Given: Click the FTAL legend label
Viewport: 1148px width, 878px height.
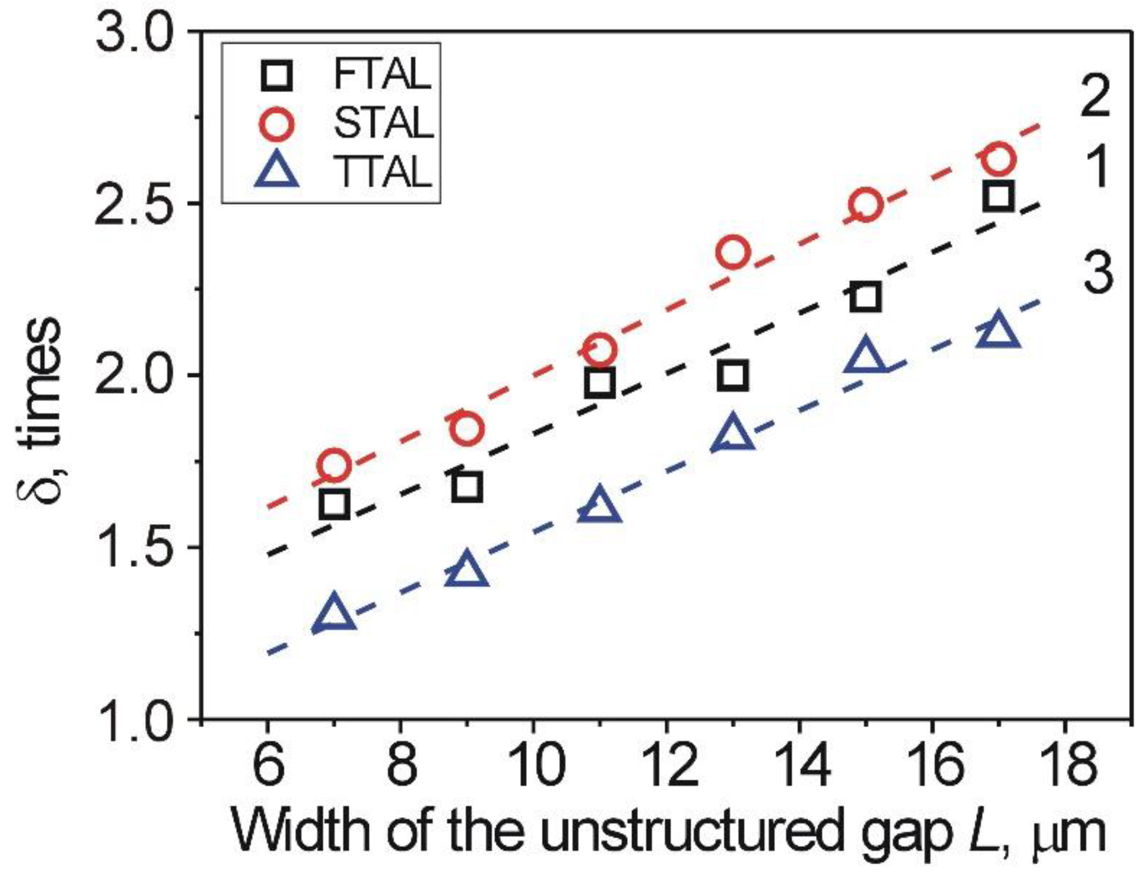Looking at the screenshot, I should (x=382, y=74).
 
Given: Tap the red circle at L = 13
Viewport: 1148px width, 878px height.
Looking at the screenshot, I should (x=733, y=252).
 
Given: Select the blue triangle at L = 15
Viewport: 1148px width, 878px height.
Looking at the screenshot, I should (x=865, y=356).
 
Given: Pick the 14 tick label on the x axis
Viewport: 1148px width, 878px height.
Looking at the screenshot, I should (x=799, y=767).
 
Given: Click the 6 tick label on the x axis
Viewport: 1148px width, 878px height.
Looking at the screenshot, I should (x=268, y=767).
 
